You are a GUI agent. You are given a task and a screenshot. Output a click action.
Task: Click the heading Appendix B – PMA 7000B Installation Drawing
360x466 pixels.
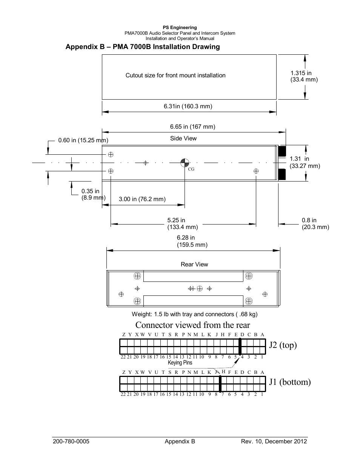pyautogui.click(x=142, y=47)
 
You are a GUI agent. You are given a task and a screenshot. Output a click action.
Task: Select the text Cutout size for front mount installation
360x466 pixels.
pyautogui.click(x=175, y=75)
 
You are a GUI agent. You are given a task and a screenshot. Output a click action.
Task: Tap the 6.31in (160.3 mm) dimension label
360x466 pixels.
pyautogui.click(x=188, y=106)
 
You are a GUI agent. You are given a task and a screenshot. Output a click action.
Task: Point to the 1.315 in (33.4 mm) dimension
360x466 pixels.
pyautogui.click(x=303, y=77)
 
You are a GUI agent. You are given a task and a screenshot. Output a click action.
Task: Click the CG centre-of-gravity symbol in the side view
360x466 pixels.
pyautogui.click(x=185, y=163)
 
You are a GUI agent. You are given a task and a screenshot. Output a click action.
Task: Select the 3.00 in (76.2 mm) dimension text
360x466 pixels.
pyautogui.click(x=142, y=199)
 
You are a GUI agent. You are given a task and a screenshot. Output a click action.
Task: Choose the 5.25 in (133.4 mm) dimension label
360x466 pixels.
pyautogui.click(x=182, y=223)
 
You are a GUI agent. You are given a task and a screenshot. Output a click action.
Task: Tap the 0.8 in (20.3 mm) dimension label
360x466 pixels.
pyautogui.click(x=315, y=223)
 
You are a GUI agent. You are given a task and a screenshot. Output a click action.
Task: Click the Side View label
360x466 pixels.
pyautogui.click(x=183, y=138)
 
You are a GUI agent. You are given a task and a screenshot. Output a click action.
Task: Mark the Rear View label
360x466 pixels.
pyautogui.click(x=194, y=265)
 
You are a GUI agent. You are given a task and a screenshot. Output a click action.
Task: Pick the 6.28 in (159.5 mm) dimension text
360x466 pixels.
pyautogui.click(x=192, y=241)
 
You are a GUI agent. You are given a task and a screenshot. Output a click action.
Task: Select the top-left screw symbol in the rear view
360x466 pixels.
pyautogui.click(x=137, y=276)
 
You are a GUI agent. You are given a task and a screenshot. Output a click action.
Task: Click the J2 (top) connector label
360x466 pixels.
pyautogui.click(x=283, y=345)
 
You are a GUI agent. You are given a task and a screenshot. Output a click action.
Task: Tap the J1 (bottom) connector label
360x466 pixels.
pyautogui.click(x=290, y=382)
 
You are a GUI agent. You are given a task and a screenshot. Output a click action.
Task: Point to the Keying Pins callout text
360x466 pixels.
pyautogui.click(x=180, y=363)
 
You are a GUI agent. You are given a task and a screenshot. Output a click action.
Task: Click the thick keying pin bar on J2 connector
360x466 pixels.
pyautogui.click(x=240, y=346)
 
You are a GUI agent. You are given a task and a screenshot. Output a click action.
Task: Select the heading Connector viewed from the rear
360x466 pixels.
pyautogui.click(x=192, y=325)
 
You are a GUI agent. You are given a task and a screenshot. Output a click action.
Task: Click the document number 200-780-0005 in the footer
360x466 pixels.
pyautogui.click(x=71, y=441)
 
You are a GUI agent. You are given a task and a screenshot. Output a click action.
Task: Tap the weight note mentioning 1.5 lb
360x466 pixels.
pyautogui.click(x=194, y=314)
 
